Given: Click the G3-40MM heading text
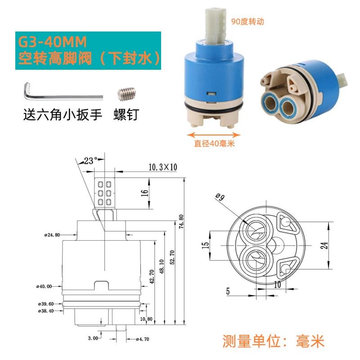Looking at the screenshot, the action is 52,42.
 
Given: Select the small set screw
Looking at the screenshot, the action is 127,94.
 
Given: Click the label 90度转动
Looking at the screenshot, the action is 247,22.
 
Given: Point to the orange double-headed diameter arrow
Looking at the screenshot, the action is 214,135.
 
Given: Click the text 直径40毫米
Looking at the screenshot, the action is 214,144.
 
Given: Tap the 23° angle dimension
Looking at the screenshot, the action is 90,161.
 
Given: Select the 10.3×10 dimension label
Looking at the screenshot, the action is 163,167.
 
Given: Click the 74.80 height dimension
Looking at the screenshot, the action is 181,221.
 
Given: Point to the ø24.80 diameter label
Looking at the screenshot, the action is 52,235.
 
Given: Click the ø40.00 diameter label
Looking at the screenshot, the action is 44,286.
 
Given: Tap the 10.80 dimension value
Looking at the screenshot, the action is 146,319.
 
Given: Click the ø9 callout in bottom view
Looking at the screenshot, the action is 220,197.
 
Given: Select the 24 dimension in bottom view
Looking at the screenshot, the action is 324,245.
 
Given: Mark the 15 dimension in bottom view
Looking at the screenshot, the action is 206,245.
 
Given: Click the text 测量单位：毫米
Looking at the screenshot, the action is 273,341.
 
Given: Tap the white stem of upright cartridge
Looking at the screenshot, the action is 216,25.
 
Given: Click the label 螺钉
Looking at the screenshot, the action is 126,114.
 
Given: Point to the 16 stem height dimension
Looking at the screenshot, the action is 144,193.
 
